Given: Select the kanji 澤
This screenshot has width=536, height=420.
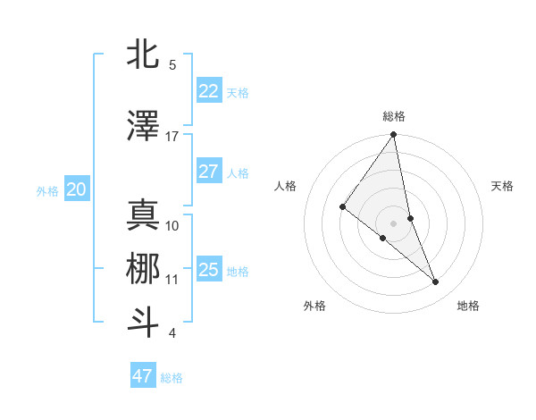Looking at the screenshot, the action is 143,127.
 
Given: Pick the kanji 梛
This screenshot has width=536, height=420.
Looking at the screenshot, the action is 143,270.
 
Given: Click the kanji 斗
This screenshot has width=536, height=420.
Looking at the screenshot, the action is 143,322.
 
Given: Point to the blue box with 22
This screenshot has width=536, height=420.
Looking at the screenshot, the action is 208,91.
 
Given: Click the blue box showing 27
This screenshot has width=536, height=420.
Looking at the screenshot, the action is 208,172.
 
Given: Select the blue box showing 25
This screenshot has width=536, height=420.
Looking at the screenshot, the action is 208,270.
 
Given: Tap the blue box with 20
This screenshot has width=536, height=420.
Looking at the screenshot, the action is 76,189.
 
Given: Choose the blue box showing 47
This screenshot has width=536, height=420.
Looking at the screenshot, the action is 143,376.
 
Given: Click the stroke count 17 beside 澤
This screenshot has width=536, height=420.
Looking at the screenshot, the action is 172,137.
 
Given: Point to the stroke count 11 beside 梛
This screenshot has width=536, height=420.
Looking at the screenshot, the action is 172,280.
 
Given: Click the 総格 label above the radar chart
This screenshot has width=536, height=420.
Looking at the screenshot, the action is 394,116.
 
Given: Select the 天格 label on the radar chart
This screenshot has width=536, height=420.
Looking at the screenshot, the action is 502,186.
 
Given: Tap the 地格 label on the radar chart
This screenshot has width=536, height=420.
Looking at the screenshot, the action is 468,306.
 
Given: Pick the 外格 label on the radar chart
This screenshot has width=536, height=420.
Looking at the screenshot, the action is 314,306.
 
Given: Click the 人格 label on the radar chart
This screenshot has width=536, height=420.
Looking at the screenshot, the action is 285,186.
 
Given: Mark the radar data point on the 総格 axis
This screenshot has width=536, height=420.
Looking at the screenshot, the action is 394,136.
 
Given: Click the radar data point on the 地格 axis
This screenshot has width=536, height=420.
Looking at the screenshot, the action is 436,281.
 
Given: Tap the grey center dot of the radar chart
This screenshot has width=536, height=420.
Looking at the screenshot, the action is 394,222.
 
